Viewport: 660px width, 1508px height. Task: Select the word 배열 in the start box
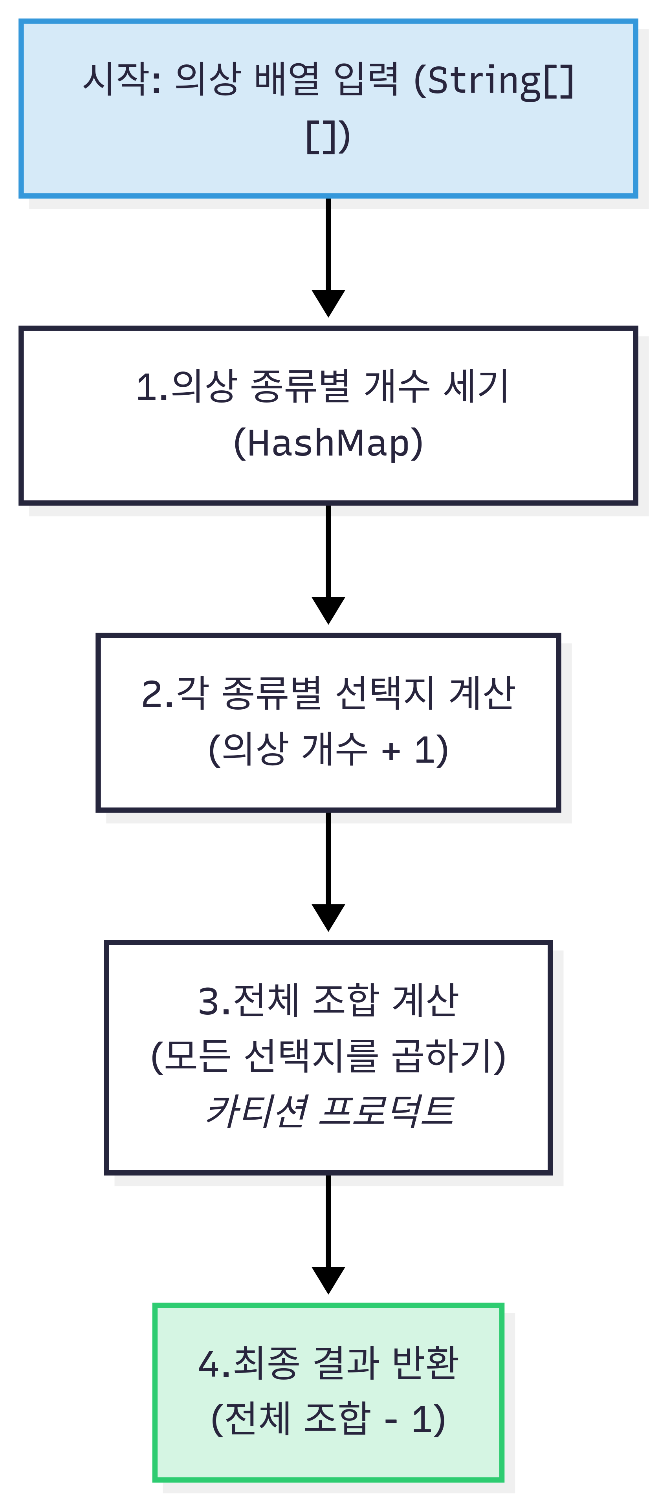pyautogui.click(x=287, y=79)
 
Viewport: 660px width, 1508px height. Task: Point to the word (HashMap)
pyautogui.click(x=328, y=443)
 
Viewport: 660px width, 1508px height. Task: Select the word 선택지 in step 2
pyautogui.click(x=384, y=694)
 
